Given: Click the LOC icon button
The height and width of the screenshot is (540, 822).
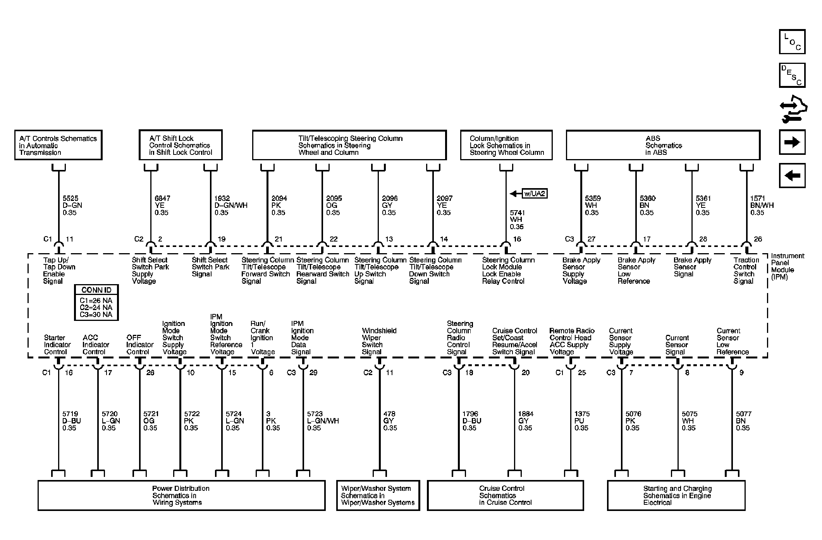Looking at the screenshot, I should point(792,41).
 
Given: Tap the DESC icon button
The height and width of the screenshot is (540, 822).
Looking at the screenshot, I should point(792,75).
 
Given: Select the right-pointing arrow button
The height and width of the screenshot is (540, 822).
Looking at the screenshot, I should point(792,142).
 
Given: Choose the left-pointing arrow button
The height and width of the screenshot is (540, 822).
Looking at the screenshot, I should point(792,175).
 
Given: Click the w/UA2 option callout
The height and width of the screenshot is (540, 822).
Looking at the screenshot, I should point(535,194).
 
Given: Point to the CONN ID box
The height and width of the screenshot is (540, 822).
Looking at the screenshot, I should point(96,303).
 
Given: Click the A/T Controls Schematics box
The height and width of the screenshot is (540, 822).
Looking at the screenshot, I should point(58,145).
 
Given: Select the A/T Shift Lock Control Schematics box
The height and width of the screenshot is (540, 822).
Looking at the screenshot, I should point(181,145).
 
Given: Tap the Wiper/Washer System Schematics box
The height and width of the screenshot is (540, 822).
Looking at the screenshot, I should point(378,495).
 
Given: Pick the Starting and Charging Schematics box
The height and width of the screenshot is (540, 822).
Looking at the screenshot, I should point(676,495).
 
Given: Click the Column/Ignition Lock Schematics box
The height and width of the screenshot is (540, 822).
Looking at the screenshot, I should point(506,145).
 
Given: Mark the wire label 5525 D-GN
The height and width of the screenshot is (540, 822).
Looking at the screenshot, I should point(72,205).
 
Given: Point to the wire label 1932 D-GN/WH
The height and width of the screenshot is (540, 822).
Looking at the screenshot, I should point(231,205).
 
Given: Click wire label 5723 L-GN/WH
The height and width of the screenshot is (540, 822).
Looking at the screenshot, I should point(323,421).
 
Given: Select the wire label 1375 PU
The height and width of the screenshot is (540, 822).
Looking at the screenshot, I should point(581,421).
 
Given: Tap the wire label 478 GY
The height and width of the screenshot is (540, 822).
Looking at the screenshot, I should point(390,421).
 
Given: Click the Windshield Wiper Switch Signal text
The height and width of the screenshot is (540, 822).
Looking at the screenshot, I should point(379,341).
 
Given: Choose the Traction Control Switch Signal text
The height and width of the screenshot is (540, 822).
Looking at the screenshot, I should point(746,271).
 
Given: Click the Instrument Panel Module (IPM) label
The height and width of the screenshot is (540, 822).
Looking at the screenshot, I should point(787,266).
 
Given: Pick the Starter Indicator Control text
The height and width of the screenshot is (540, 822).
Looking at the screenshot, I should point(57,345).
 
